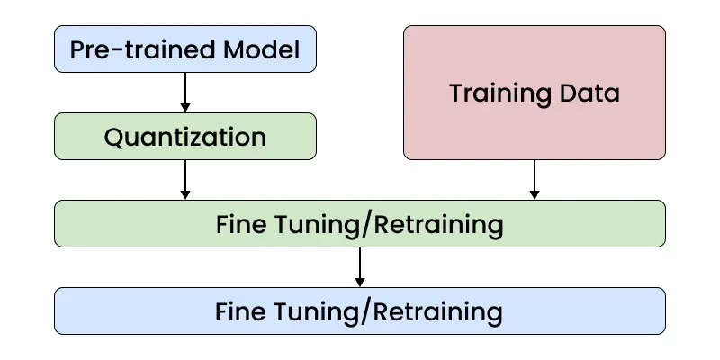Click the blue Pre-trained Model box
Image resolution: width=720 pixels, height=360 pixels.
(x=185, y=49)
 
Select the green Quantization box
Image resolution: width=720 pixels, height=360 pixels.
(x=185, y=137)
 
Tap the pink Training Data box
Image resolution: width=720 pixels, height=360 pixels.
(x=535, y=93)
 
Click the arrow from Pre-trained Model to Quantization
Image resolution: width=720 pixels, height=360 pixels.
(x=185, y=92)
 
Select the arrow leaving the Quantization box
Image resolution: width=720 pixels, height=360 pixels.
(x=185, y=179)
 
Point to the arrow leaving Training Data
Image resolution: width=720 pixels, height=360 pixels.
(x=535, y=179)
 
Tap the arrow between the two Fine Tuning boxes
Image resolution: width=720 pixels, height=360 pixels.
(x=360, y=267)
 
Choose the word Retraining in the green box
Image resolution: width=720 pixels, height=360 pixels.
(x=437, y=224)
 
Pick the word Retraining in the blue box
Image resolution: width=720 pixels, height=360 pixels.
(x=437, y=312)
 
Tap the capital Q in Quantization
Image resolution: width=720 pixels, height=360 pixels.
(x=113, y=138)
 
